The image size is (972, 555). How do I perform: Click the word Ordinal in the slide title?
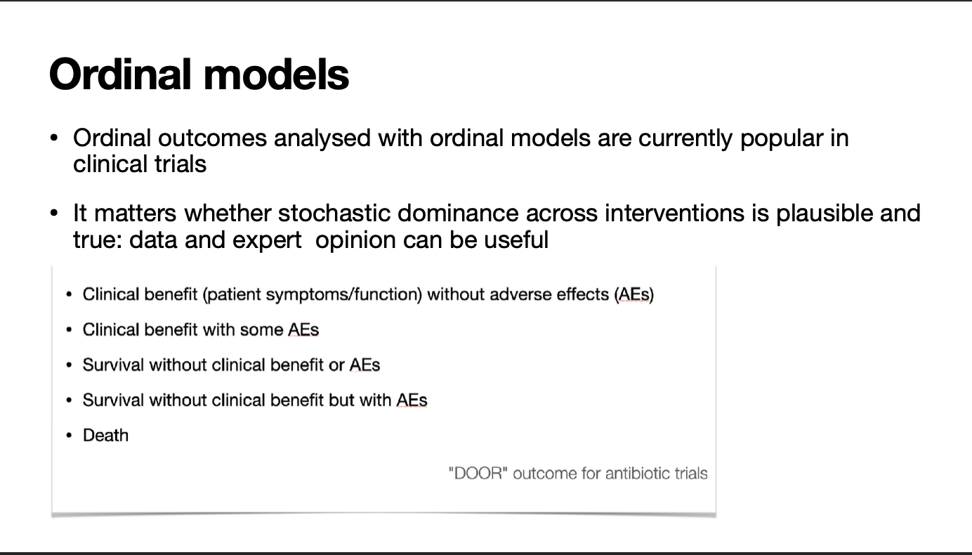[x=120, y=74]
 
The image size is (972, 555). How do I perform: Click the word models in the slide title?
[x=276, y=74]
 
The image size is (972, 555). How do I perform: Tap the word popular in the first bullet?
[x=782, y=139]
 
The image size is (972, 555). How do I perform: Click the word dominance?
[x=457, y=213]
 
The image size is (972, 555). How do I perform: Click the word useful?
[x=516, y=240]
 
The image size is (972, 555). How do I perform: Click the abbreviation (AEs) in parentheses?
[x=634, y=294]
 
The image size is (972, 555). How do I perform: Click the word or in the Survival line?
[x=336, y=365]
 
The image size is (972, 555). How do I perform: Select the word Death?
[x=105, y=436]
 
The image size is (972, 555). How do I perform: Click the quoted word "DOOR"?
[x=478, y=474]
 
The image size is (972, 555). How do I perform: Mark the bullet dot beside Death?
[x=69, y=436]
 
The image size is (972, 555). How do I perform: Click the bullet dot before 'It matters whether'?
[x=54, y=214]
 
